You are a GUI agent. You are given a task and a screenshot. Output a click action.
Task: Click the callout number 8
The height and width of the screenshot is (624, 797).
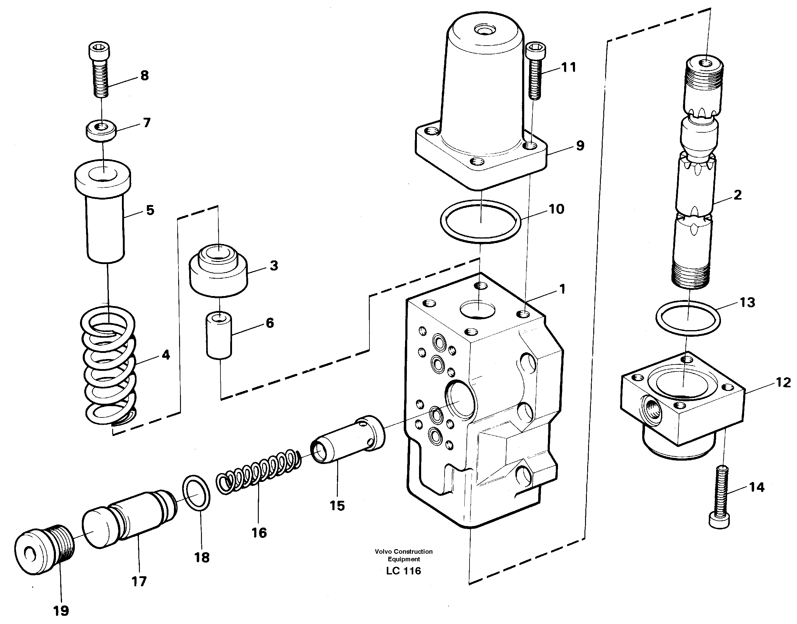pos(144,76)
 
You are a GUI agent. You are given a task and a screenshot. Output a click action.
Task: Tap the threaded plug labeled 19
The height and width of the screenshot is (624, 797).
pos(44,553)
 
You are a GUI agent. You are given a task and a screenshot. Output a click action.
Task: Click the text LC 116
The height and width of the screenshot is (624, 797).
pos(404,571)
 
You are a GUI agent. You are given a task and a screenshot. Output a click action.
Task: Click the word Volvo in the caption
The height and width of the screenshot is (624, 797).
pos(383,551)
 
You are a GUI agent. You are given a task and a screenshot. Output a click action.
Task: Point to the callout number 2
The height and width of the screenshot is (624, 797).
pos(737,195)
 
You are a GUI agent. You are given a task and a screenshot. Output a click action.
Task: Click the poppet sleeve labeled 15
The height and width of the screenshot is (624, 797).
pos(347,442)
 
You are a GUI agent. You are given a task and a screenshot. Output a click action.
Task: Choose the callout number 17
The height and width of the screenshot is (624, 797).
pos(139,581)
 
